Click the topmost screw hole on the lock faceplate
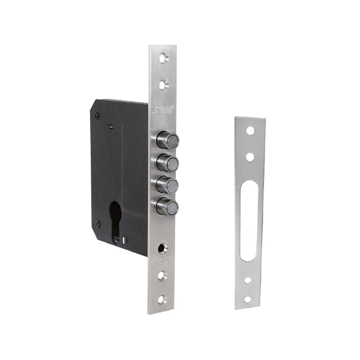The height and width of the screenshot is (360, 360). point(164,59)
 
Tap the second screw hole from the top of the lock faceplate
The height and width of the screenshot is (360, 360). point(164,85)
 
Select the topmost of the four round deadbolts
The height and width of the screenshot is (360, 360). point(168,140)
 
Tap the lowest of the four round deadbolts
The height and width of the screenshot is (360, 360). point(168,207)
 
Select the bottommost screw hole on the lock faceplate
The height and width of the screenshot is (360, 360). point(163,300)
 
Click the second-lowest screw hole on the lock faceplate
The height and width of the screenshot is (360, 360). point(163,275)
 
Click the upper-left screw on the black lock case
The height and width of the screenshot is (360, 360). point(96,115)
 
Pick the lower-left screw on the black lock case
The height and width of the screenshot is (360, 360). point(98,223)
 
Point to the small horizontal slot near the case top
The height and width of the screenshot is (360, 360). point(110,127)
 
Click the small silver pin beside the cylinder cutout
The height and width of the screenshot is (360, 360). point(125,239)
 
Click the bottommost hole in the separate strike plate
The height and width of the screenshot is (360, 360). point(248,299)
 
